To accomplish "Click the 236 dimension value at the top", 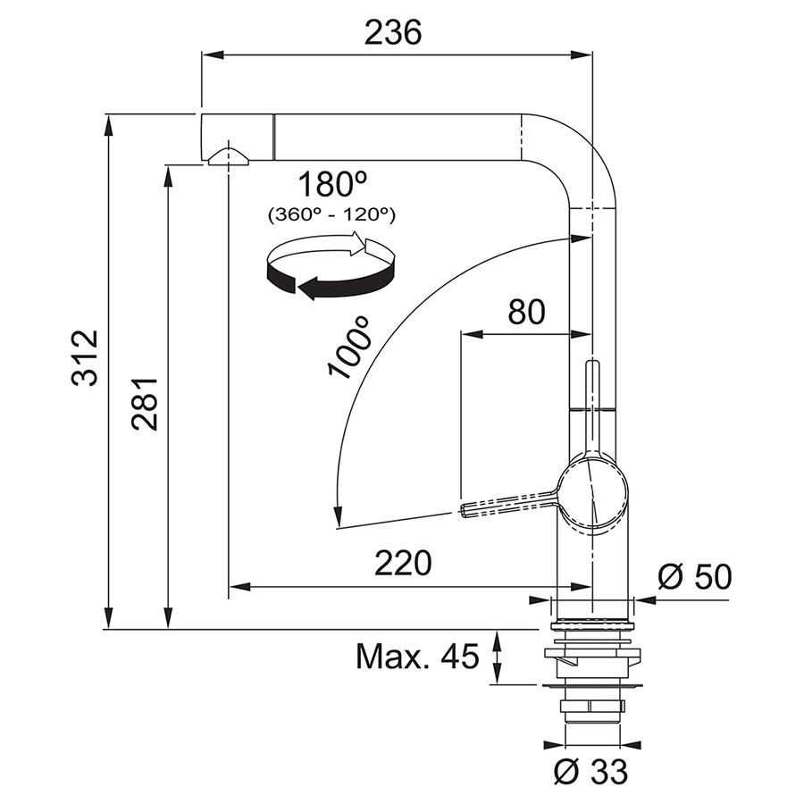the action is pyautogui.click(x=393, y=32).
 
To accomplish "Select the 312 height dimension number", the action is pyautogui.click(x=85, y=357).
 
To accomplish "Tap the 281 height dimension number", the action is pyautogui.click(x=144, y=404).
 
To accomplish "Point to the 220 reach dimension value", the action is pyautogui.click(x=403, y=563).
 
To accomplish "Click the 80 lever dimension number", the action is pyautogui.click(x=526, y=312).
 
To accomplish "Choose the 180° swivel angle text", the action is pyautogui.click(x=333, y=185).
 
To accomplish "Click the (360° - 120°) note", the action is pyautogui.click(x=332, y=214).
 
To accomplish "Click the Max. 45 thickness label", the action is pyautogui.click(x=417, y=656).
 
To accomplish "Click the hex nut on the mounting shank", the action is pyautogui.click(x=591, y=707).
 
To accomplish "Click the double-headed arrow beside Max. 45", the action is pyautogui.click(x=497, y=657).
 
